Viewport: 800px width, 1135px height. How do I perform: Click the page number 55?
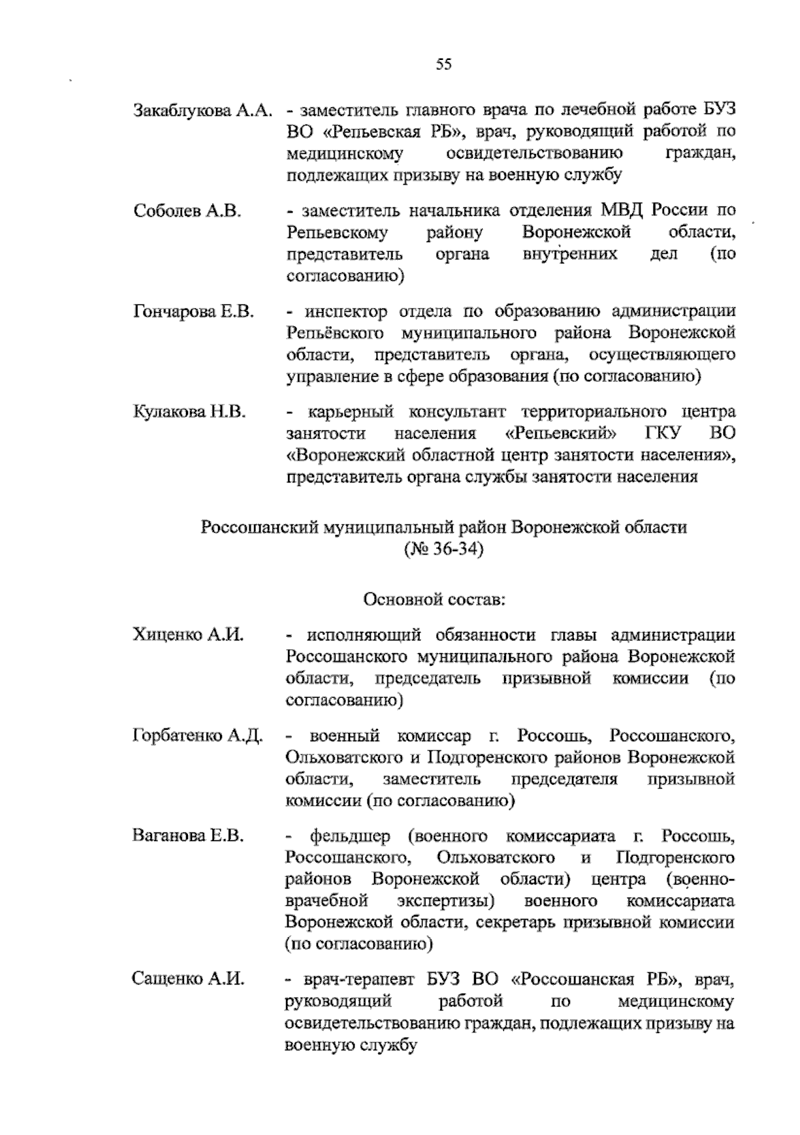[443, 65]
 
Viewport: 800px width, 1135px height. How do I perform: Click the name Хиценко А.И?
[189, 635]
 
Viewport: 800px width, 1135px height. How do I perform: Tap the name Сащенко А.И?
[189, 980]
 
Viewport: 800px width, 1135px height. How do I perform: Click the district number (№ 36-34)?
[443, 550]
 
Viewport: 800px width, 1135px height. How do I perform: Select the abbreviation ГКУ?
[662, 434]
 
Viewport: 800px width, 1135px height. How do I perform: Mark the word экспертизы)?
[445, 902]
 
